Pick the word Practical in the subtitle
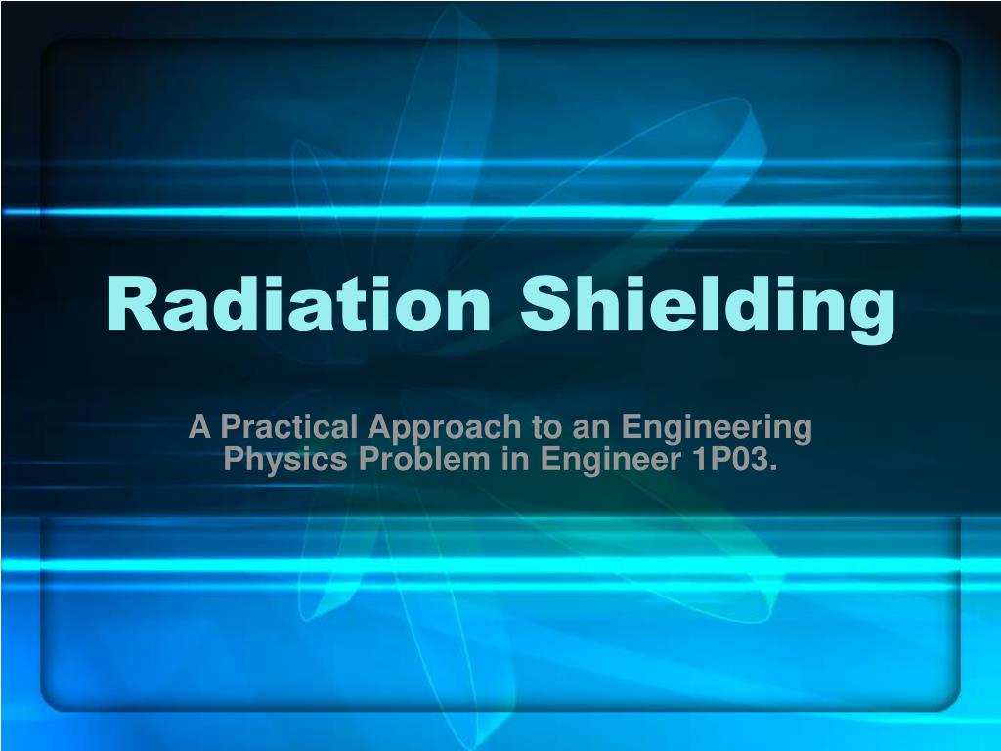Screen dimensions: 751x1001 click(x=288, y=427)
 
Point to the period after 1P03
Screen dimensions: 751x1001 click(x=774, y=466)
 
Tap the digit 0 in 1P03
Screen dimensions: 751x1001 click(x=736, y=458)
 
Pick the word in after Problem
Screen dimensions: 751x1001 click(x=515, y=458)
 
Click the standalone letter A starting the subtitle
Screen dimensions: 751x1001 click(x=199, y=427)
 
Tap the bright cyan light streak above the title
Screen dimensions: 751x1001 click(x=500, y=212)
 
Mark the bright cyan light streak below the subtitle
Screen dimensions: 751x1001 click(x=500, y=564)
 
